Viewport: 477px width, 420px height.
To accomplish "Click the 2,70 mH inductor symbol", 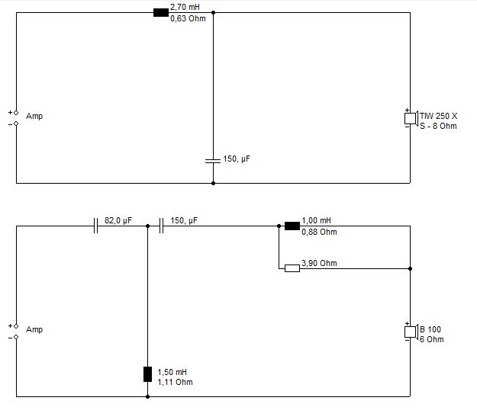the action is [161, 13].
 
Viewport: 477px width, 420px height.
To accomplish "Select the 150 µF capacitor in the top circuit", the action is [213, 161].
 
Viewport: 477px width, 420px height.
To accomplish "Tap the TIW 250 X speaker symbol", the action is [411, 118].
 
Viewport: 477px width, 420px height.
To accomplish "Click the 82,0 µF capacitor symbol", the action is [96, 226].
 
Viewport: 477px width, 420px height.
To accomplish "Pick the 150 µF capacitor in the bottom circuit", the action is [161, 226].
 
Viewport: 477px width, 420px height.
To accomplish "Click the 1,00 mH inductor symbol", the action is [292, 226].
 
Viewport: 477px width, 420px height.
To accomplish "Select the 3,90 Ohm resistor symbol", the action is [292, 268].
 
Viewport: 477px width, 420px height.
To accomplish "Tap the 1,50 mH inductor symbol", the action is [147, 374].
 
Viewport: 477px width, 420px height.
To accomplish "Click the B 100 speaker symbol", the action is [411, 332].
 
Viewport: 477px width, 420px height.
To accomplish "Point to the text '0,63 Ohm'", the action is [188, 18].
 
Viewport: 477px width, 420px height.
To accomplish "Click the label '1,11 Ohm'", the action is [175, 382].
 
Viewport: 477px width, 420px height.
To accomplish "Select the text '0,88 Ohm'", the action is [319, 232].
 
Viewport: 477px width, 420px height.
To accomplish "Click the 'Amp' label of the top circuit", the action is [34, 116].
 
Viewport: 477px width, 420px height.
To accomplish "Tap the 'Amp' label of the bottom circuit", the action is [34, 329].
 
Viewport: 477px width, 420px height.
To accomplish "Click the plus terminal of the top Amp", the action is [16, 113].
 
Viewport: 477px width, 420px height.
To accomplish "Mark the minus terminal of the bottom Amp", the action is [16, 337].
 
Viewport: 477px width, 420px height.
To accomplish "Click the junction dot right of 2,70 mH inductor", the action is [213, 13].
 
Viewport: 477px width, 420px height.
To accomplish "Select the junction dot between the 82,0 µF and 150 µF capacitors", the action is [147, 226].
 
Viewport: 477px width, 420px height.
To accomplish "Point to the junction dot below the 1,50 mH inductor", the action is [147, 396].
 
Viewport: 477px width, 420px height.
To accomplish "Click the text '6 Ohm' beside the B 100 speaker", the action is [432, 339].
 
